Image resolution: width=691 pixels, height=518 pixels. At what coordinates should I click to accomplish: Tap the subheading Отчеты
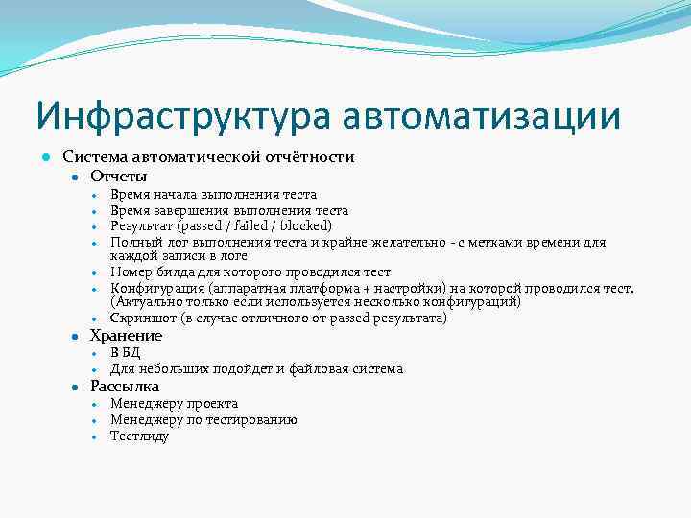(x=118, y=176)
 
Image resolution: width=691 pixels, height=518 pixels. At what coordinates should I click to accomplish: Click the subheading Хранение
(x=126, y=336)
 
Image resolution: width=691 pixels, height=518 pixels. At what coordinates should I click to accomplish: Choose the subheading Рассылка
(x=125, y=386)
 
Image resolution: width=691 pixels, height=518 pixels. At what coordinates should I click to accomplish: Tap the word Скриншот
(x=142, y=318)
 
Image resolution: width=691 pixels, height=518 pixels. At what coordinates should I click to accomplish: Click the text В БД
(x=125, y=353)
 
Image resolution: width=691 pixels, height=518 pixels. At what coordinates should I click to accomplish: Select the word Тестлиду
(x=139, y=436)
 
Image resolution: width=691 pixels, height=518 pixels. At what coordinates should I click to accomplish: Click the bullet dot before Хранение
(x=74, y=337)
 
